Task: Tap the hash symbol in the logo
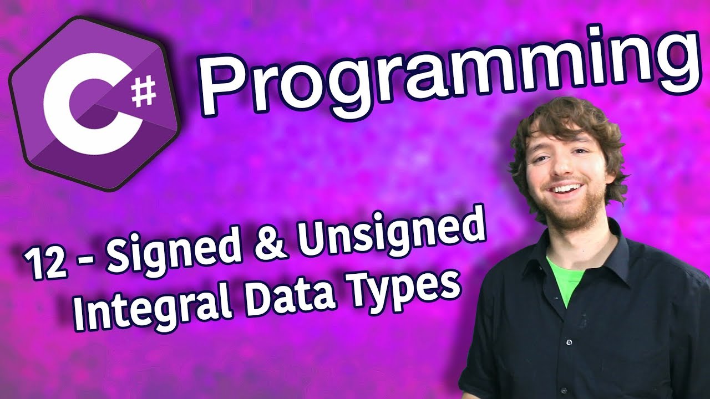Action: (x=144, y=92)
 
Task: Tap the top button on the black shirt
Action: (x=569, y=342)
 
